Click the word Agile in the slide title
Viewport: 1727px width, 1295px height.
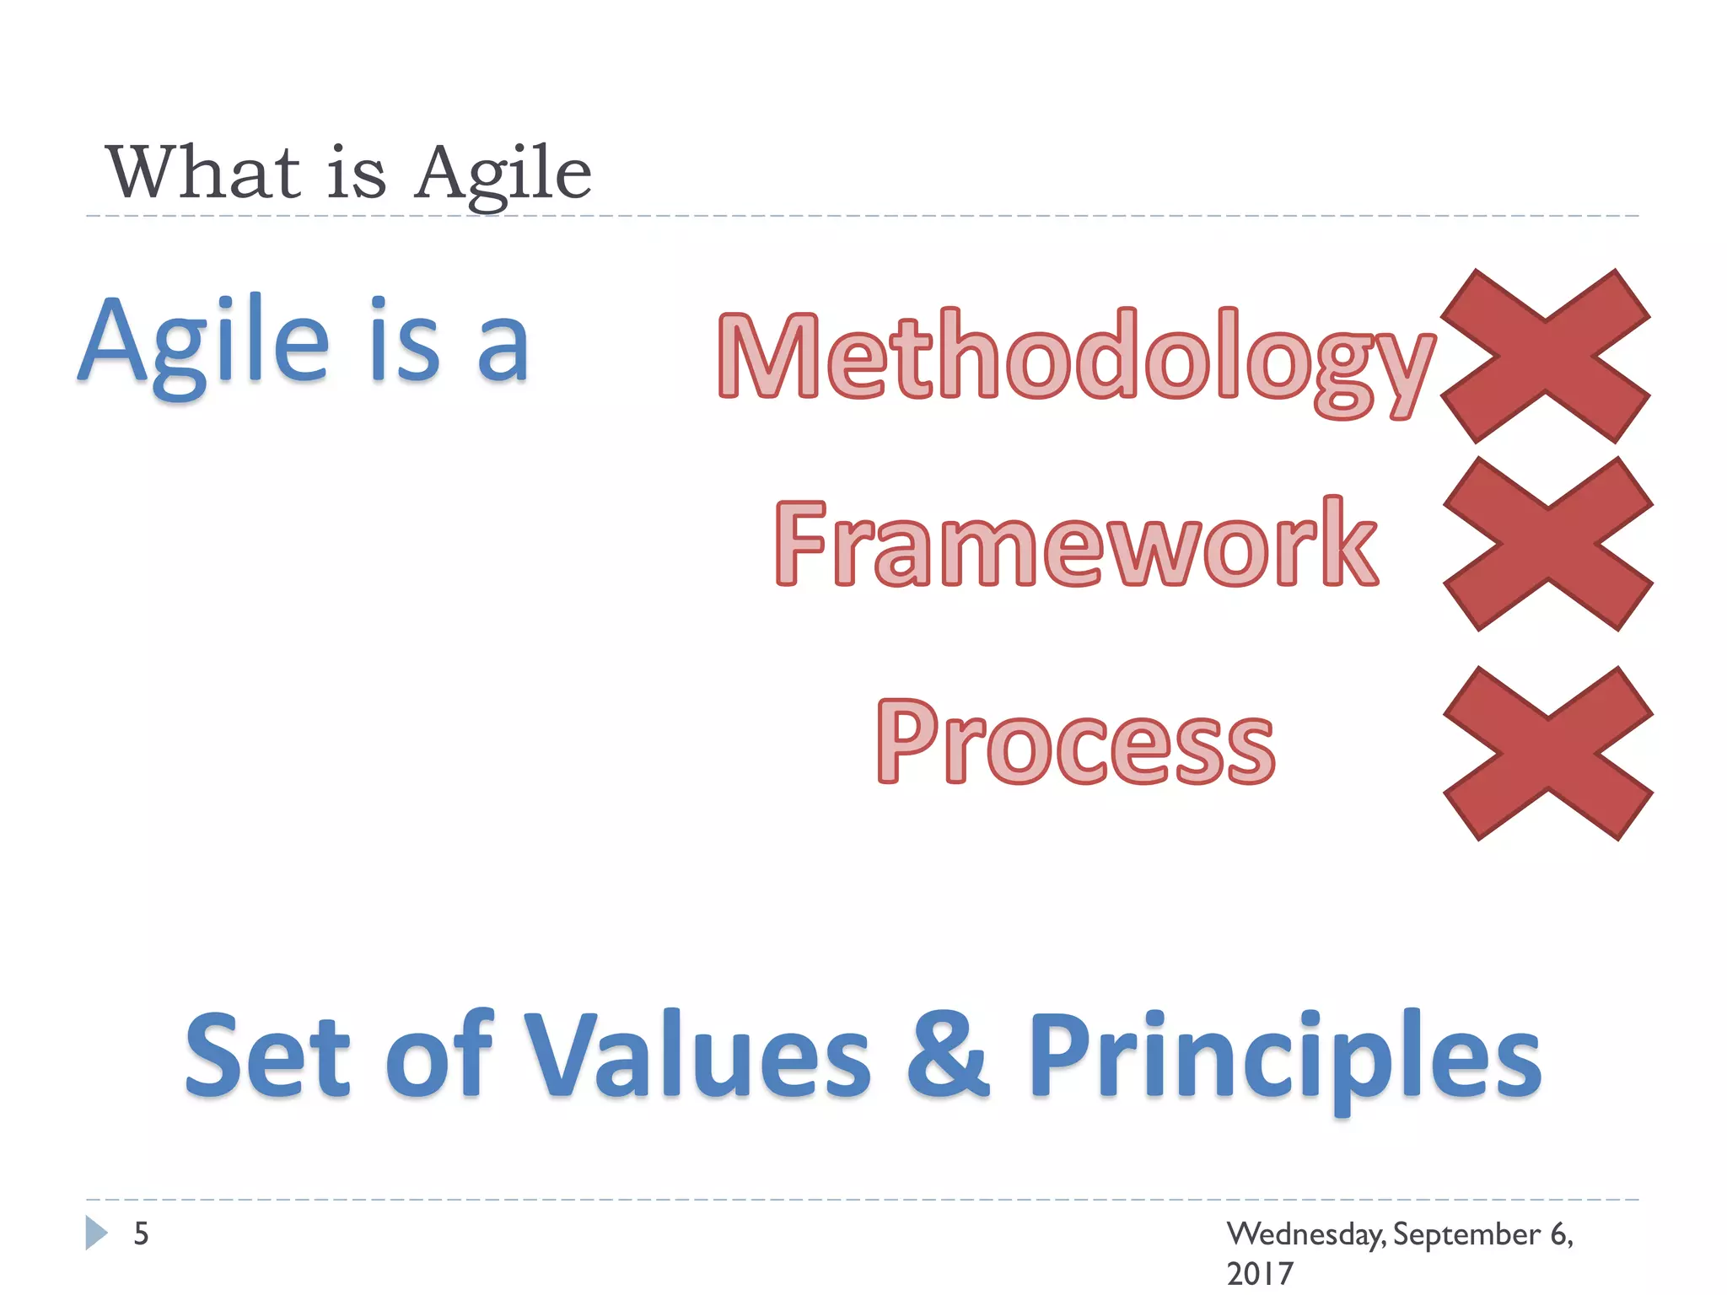(x=503, y=173)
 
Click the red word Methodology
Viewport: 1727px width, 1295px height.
(x=1075, y=358)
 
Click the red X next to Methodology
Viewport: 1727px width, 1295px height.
(x=1545, y=357)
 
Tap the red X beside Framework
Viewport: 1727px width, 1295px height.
(x=1548, y=544)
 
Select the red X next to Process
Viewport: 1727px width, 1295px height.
(x=1548, y=753)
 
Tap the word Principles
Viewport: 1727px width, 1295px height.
(x=1283, y=1058)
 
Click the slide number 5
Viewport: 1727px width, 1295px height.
(x=141, y=1233)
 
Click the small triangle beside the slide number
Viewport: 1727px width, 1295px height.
(x=95, y=1233)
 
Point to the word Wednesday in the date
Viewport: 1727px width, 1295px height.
(x=1304, y=1234)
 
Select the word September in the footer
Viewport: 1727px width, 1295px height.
(x=1466, y=1234)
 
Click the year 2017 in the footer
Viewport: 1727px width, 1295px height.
(x=1259, y=1273)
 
